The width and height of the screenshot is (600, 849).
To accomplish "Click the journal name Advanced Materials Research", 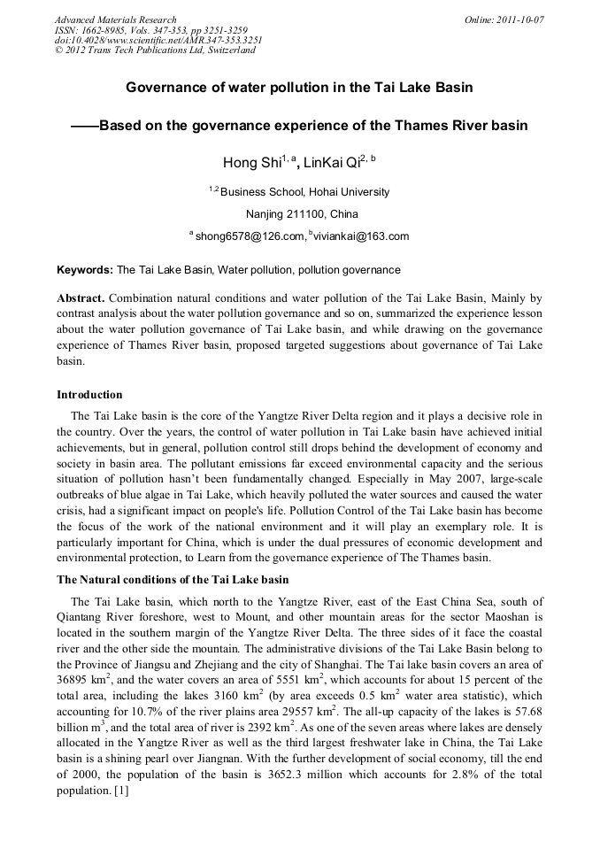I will pos(115,19).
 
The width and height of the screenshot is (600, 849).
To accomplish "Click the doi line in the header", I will pos(158,41).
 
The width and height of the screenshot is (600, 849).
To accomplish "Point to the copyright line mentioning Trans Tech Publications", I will pos(155,50).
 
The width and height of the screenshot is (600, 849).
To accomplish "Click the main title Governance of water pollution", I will pos(299,88).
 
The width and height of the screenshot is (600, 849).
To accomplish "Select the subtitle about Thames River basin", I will pos(299,126).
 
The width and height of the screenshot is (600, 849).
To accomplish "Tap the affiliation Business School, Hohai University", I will pos(304,192).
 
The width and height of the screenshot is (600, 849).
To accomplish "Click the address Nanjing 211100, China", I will pos(301,214).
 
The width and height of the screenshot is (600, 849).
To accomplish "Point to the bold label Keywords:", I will pos(85,270).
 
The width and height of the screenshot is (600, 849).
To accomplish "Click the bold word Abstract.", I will pos(80,298).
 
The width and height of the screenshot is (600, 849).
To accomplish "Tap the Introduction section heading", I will pos(89,394).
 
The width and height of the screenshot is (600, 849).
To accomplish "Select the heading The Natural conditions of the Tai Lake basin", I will pos(173,580).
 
